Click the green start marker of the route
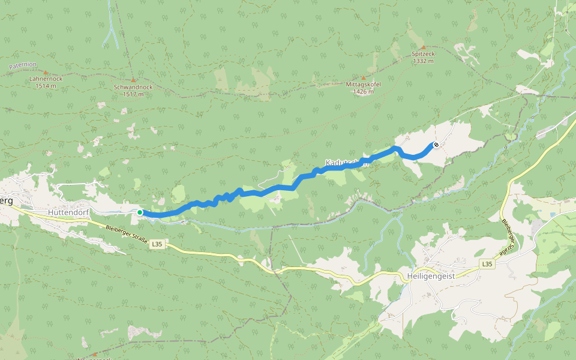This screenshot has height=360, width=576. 140,212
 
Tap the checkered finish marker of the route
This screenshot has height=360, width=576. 436,145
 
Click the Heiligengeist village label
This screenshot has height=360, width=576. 431,276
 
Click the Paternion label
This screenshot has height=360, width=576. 23,65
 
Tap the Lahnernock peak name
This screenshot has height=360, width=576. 46,79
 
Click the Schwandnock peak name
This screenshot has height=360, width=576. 133,87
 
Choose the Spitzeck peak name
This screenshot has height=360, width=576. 423,54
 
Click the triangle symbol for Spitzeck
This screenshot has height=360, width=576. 423,47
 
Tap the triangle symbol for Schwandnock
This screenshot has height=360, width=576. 133,80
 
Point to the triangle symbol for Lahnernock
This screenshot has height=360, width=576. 46,72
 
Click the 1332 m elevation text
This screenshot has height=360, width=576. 423,61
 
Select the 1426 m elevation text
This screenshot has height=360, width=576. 360,92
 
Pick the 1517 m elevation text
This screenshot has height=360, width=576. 133,94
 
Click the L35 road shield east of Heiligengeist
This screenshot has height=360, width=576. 487,264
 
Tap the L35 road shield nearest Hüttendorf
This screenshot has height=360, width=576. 157,244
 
